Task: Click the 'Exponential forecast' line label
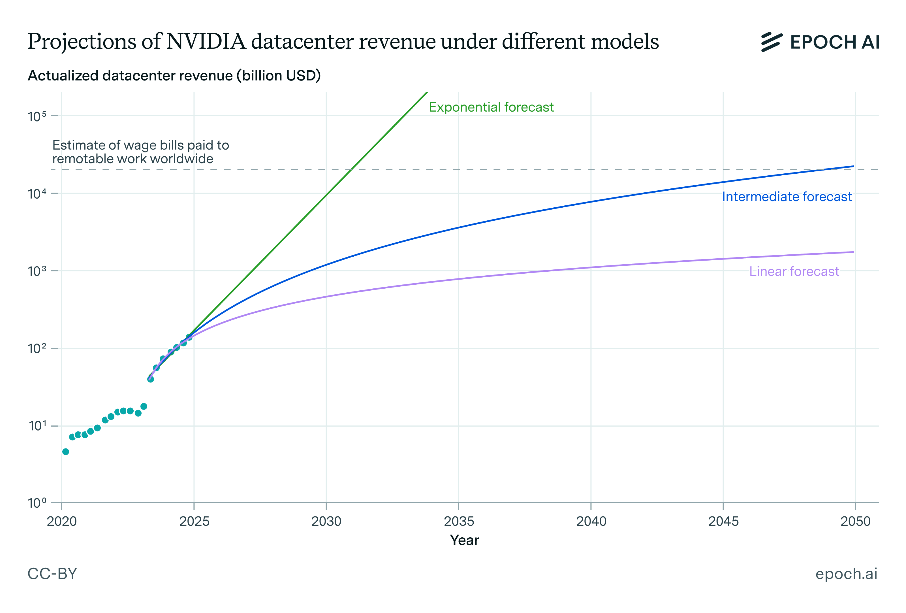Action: (491, 107)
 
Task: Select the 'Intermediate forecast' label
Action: (787, 197)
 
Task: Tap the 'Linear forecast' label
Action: (794, 271)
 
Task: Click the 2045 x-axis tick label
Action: (723, 522)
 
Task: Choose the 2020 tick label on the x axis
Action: (62, 522)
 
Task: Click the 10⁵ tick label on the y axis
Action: (37, 116)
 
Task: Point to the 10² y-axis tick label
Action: (37, 348)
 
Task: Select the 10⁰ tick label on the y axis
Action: (37, 503)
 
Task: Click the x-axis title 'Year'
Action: (464, 540)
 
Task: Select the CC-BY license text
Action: (52, 574)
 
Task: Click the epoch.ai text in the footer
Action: (846, 574)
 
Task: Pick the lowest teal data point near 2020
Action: (65, 452)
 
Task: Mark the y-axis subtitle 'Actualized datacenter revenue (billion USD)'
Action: (174, 76)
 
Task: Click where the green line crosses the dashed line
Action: (352, 170)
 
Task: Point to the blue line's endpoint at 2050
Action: (853, 167)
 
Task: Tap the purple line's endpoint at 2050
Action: (853, 252)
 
